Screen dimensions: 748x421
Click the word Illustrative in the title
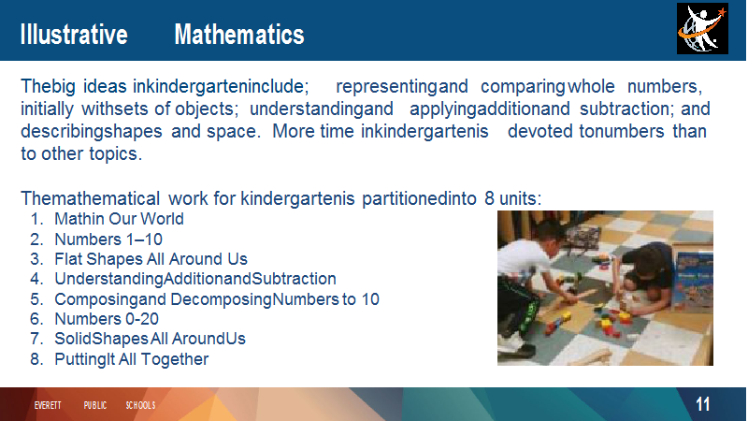[74, 35]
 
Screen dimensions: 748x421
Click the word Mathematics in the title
[239, 35]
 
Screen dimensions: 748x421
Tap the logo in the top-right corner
[702, 29]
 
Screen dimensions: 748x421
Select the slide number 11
[703, 404]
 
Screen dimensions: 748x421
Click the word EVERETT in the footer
[48, 405]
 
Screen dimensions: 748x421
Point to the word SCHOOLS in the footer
[141, 405]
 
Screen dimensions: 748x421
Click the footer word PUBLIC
[95, 405]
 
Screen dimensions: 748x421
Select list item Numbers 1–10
[108, 240]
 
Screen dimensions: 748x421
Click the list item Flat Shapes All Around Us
[151, 259]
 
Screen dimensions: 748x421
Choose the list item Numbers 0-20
[107, 318]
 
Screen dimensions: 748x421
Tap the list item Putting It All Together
[131, 359]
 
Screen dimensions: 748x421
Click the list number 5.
[36, 299]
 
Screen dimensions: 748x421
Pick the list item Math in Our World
[119, 219]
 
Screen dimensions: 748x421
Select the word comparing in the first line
[523, 86]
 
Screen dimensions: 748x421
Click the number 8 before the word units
[489, 198]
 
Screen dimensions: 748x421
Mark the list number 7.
[36, 339]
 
